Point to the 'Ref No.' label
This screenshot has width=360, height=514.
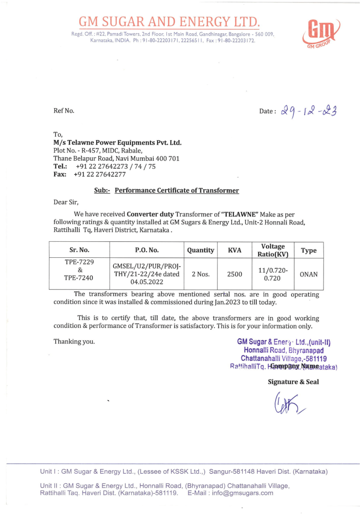click(64, 111)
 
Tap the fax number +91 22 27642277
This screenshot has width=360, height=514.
click(100, 174)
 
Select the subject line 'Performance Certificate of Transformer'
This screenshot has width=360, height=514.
click(177, 190)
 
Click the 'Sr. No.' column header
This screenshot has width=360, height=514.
click(79, 250)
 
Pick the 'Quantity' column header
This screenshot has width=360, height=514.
click(201, 250)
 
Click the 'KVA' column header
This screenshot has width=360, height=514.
click(234, 250)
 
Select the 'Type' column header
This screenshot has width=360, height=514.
click(308, 250)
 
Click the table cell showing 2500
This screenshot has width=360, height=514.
click(234, 274)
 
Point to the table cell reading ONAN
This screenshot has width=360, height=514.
click(308, 274)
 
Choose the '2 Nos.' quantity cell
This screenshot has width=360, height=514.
click(201, 274)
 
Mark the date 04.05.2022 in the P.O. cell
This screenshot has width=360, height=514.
click(147, 282)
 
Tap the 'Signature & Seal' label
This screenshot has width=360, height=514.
click(293, 382)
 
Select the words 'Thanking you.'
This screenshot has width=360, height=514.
click(74, 341)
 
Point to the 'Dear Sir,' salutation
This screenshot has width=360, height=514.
click(66, 202)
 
